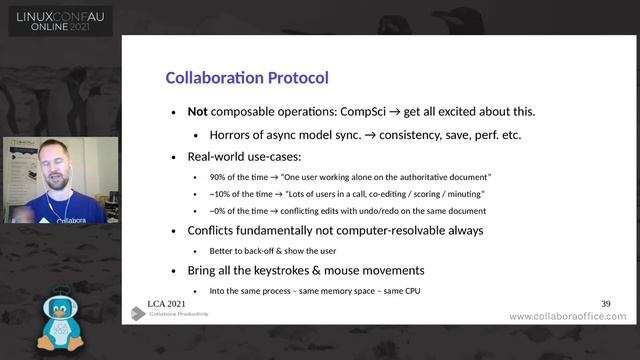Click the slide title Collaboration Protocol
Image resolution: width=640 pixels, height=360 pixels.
point(246,77)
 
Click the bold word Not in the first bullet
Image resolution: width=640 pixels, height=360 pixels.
point(197,111)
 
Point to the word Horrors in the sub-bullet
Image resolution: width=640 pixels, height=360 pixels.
point(233,134)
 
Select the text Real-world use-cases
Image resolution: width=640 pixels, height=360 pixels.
point(244,156)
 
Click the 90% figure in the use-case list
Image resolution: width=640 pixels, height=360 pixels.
point(218,176)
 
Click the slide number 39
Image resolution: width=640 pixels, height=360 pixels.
point(605,302)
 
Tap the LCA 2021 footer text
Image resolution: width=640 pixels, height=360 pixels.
point(166,302)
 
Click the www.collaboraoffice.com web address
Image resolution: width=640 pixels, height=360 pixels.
point(567,317)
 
